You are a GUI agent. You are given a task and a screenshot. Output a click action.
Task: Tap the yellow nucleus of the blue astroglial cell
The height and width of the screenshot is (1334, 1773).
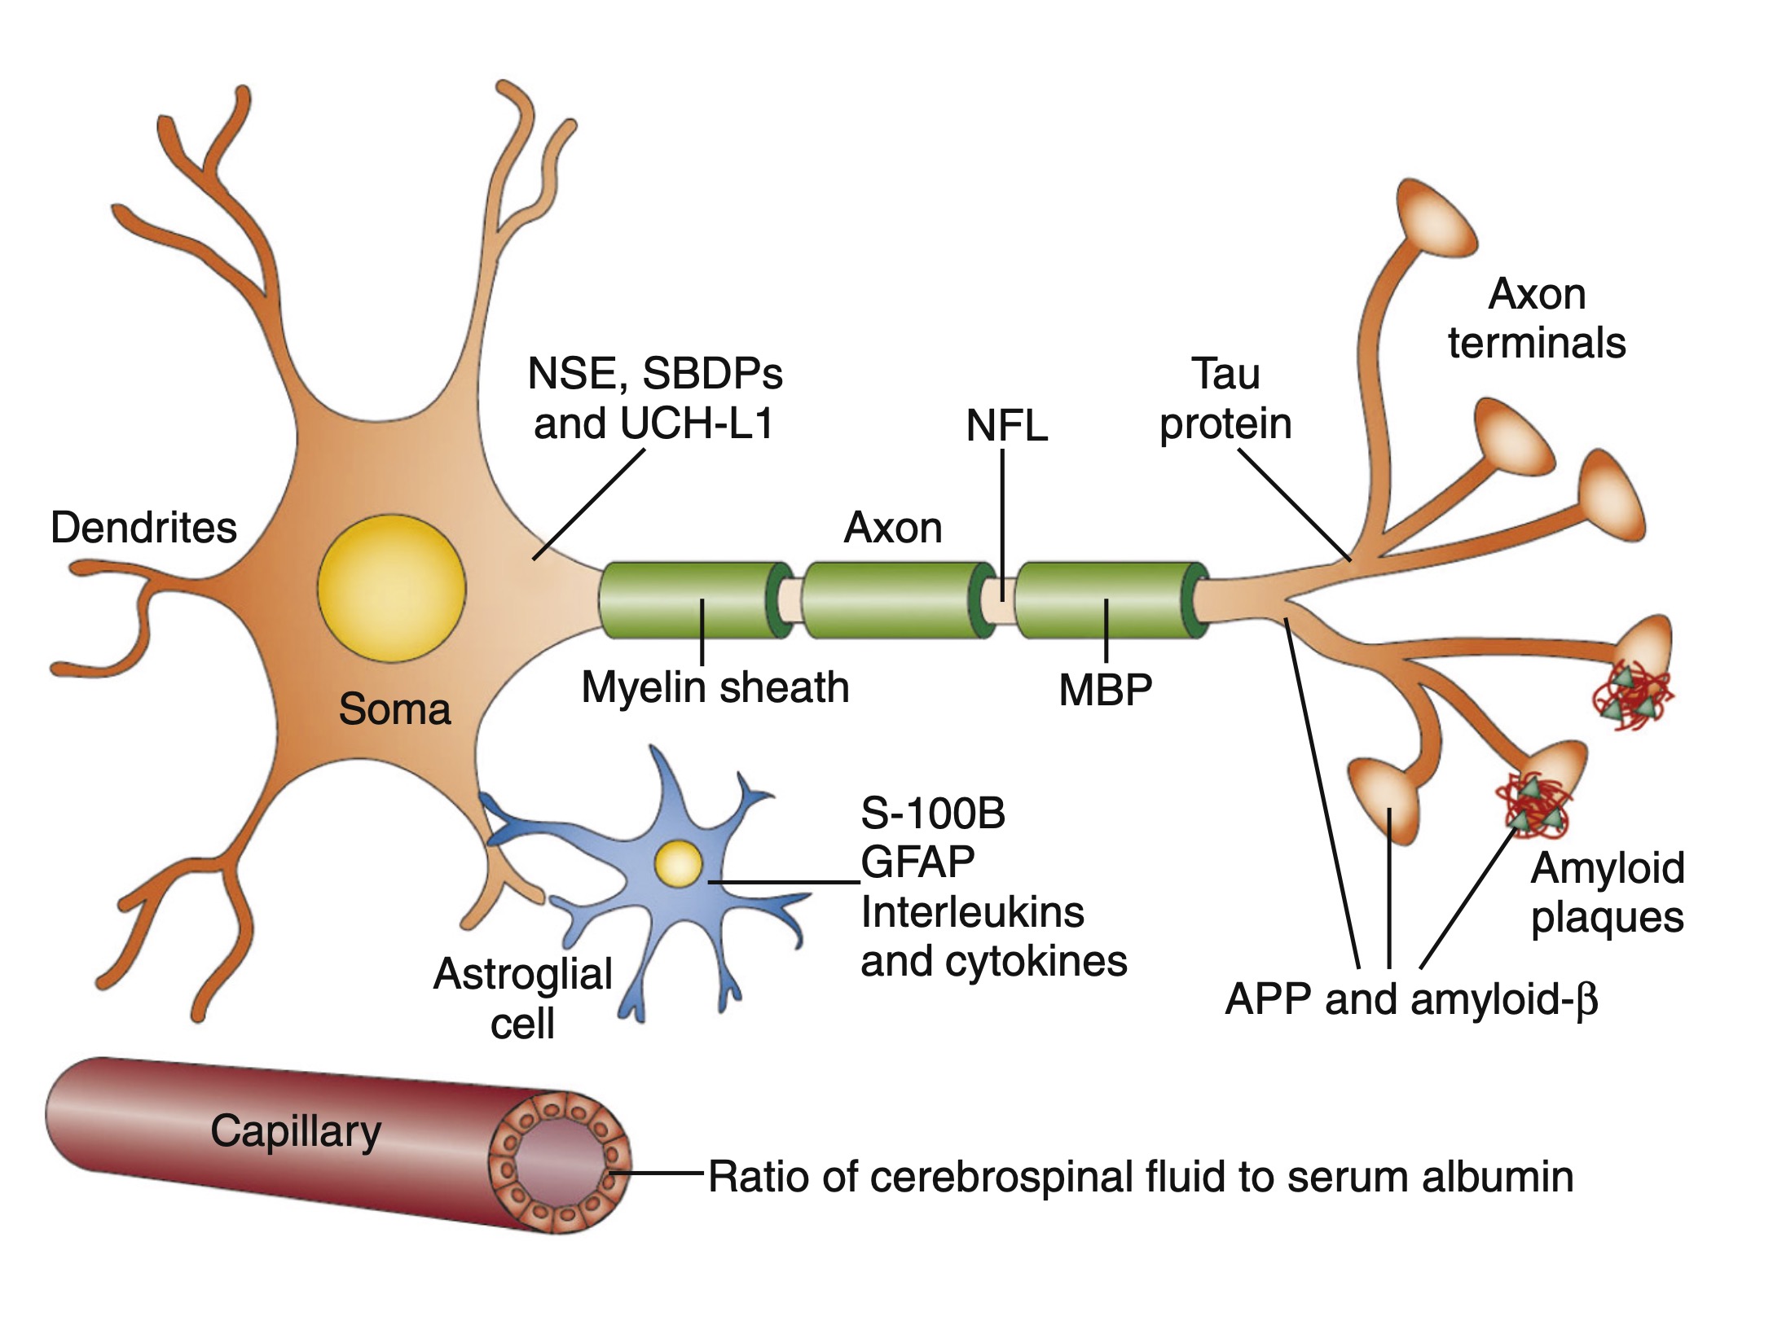click(x=678, y=864)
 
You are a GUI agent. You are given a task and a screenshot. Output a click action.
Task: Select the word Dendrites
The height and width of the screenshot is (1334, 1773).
click(x=143, y=528)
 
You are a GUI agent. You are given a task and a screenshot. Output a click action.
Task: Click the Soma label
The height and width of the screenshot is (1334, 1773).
click(x=394, y=709)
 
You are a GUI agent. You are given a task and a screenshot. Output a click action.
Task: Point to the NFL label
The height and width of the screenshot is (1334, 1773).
click(x=1006, y=426)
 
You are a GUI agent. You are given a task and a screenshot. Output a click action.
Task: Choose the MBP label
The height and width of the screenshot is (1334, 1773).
click(x=1105, y=690)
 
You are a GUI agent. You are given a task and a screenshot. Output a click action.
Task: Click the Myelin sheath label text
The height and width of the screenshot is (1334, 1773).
click(x=715, y=687)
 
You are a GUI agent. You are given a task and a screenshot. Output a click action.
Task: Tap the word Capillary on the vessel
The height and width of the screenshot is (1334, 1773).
click(x=296, y=1131)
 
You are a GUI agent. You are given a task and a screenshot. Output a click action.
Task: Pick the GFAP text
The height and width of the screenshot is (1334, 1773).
click(x=917, y=862)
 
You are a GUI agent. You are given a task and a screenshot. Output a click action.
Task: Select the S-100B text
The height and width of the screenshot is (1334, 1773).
click(x=933, y=814)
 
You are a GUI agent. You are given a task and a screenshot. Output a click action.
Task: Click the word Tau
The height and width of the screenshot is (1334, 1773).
click(x=1225, y=375)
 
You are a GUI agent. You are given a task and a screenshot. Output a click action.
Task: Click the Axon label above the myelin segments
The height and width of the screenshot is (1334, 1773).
click(x=893, y=528)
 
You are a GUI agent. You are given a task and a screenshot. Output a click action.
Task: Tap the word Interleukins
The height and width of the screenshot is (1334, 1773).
click(x=972, y=912)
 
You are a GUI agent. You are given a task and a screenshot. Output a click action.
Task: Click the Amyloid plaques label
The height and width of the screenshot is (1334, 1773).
click(x=1607, y=893)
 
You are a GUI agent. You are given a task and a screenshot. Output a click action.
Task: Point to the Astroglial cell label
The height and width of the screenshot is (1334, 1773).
click(x=522, y=998)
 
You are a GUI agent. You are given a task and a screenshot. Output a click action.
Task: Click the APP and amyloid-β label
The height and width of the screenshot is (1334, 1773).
click(x=1410, y=999)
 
